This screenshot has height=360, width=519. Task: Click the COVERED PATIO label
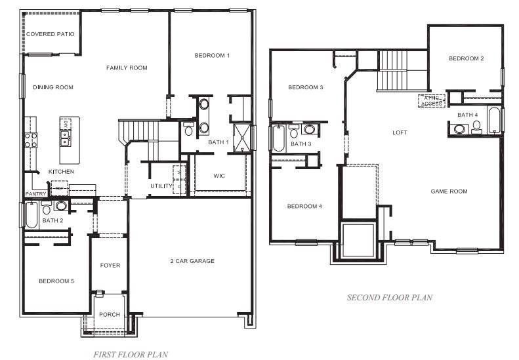pos(50,34)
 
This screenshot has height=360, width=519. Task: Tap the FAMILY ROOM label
pos(127,68)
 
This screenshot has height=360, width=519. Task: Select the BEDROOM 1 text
pos(212,56)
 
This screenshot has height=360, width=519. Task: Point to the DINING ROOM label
pos(53,87)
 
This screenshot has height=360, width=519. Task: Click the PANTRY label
pos(34,194)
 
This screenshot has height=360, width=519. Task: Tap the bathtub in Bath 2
pos(31,215)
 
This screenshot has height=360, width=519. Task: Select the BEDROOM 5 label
pos(56,281)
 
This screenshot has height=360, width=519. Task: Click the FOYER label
pos(110,266)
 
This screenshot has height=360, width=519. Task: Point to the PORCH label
pos(110,315)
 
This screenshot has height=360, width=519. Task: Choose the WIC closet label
pos(220,176)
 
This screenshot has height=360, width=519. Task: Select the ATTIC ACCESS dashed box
pos(432,101)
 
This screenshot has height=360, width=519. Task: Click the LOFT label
pos(400,132)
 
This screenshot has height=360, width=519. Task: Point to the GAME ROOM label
pos(449,191)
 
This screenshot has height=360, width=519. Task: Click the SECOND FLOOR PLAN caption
pos(389,298)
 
